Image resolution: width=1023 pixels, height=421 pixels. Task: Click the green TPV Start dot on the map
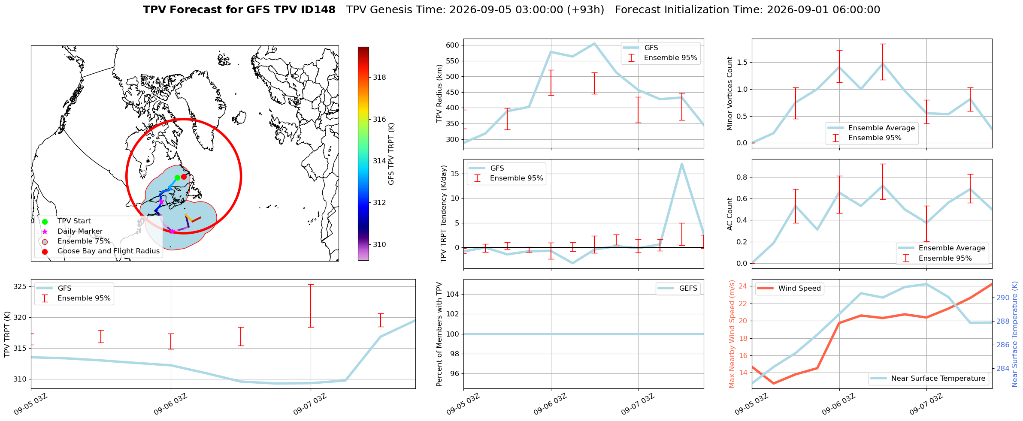point(177,177)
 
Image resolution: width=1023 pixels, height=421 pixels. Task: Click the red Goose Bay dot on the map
point(184,177)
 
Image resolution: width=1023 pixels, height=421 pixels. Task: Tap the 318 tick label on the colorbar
point(379,78)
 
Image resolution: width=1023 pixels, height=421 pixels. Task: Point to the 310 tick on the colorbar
point(379,245)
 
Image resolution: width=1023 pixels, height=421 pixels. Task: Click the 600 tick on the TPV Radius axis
point(453,45)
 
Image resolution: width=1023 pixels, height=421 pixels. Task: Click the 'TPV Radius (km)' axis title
point(439,93)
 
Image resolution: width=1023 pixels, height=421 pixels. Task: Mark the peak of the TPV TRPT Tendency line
point(681,163)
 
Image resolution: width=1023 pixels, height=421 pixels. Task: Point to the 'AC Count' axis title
point(730,214)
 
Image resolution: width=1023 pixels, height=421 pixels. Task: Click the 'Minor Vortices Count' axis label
point(730,93)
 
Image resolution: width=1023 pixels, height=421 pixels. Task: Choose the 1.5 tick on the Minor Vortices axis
point(742,63)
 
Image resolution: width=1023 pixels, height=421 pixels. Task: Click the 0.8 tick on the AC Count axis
point(742,177)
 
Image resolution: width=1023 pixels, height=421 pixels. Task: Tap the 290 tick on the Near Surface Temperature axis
point(1003,298)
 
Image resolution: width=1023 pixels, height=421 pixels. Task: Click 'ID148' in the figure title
point(320,10)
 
